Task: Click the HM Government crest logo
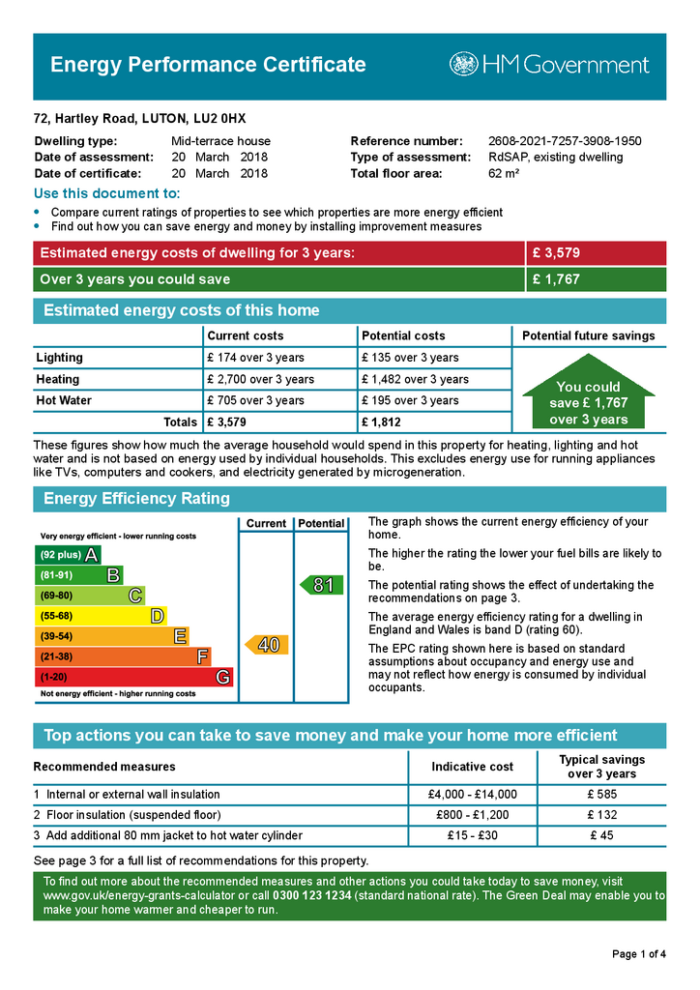point(463,65)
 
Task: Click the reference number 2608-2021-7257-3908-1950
point(565,141)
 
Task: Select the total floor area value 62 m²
point(504,174)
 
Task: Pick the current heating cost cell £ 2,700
point(260,379)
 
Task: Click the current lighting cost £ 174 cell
point(255,358)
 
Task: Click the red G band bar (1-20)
point(133,678)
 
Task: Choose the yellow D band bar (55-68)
point(101,616)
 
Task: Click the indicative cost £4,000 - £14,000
point(472,795)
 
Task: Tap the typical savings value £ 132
point(601,815)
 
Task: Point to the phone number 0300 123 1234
point(311,896)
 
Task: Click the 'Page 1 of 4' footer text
point(639,955)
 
